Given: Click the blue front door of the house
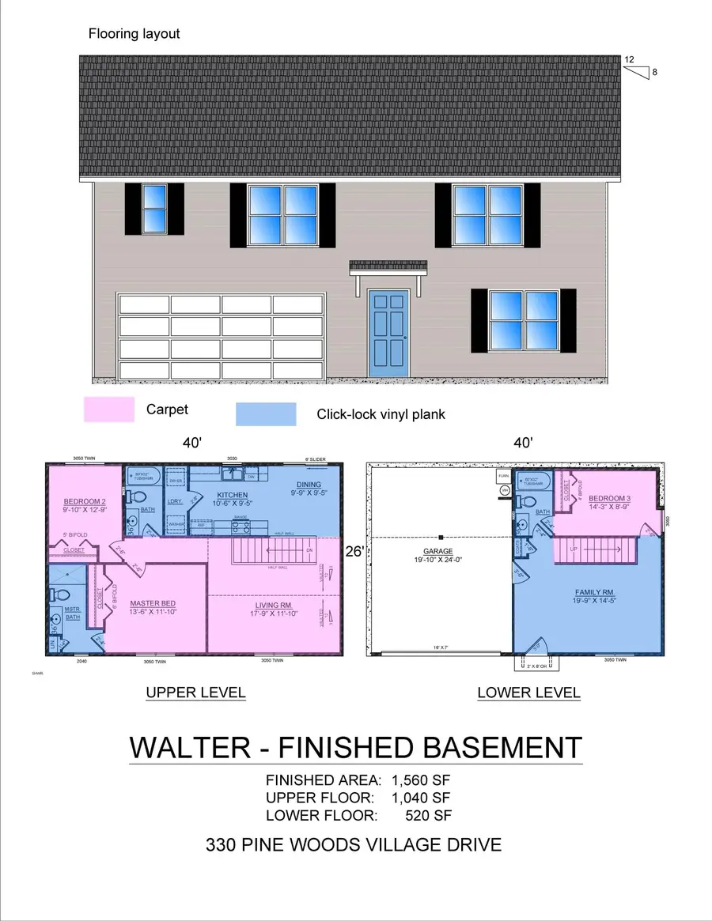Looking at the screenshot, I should [388, 333].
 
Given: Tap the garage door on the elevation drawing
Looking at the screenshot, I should [222, 337].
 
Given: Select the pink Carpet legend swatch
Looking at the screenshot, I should [109, 410].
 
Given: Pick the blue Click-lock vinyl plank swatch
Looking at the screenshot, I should [266, 414].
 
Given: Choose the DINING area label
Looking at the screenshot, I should [308, 485].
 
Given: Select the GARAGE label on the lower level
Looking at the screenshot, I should [437, 551].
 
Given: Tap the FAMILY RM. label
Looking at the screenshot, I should [594, 592].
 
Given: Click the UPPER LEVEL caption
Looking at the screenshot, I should [195, 693].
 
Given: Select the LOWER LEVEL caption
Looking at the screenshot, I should [528, 693].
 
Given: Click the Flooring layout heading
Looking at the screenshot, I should [134, 34].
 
